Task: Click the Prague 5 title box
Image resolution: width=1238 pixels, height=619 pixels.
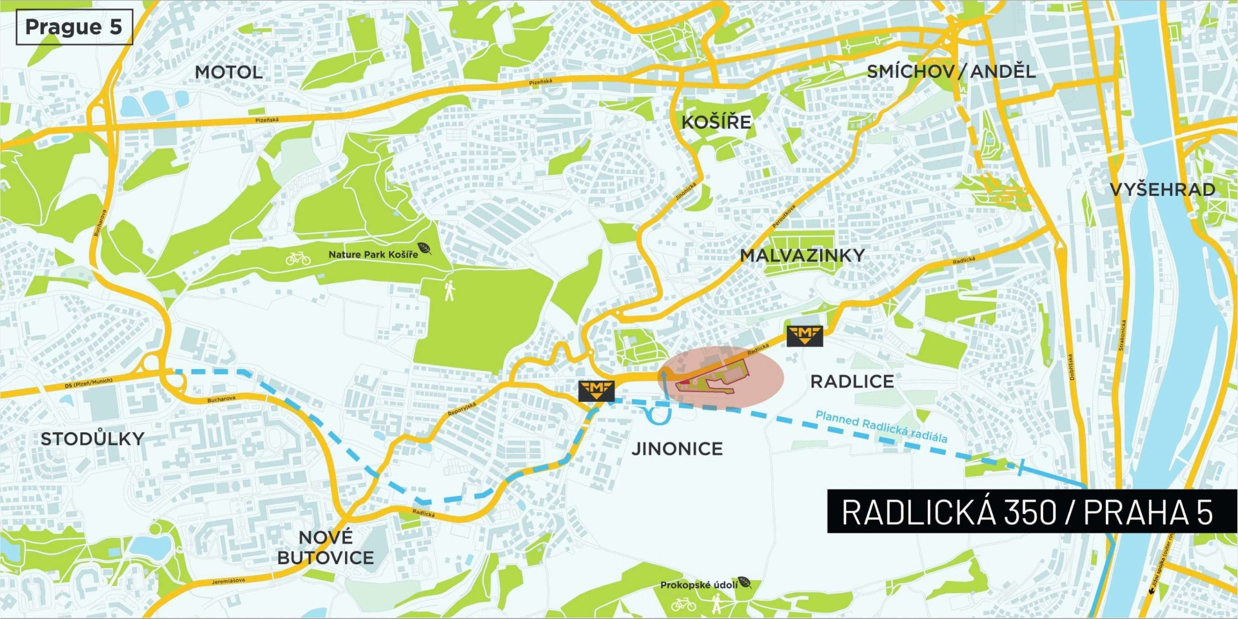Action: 74,27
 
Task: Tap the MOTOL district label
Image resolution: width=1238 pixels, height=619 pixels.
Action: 229,72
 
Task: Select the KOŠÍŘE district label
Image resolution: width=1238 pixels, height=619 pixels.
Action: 716,122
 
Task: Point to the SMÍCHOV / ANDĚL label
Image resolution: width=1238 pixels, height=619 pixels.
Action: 951,71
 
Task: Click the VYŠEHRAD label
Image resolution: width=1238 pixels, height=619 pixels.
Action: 1163,189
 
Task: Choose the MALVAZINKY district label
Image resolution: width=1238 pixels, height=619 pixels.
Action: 802,256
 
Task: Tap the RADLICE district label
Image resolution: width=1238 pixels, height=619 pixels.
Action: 852,381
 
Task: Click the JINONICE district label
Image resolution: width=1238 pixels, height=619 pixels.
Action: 677,448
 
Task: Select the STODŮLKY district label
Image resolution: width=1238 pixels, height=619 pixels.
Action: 92,439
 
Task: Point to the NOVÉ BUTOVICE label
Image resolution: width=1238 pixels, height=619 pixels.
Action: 326,548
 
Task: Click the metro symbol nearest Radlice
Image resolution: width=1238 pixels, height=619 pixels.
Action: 805,336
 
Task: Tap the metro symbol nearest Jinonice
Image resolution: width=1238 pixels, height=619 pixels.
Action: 596,390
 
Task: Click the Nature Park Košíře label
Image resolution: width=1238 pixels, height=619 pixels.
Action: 373,254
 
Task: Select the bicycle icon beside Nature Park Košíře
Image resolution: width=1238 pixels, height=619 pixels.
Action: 298,258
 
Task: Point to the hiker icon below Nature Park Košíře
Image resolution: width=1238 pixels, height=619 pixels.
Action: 449,290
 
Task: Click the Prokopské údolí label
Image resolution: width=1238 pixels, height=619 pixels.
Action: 699,585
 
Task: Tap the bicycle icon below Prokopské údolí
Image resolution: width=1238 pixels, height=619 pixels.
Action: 683,604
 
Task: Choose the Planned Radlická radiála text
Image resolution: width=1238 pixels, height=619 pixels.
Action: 881,426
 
